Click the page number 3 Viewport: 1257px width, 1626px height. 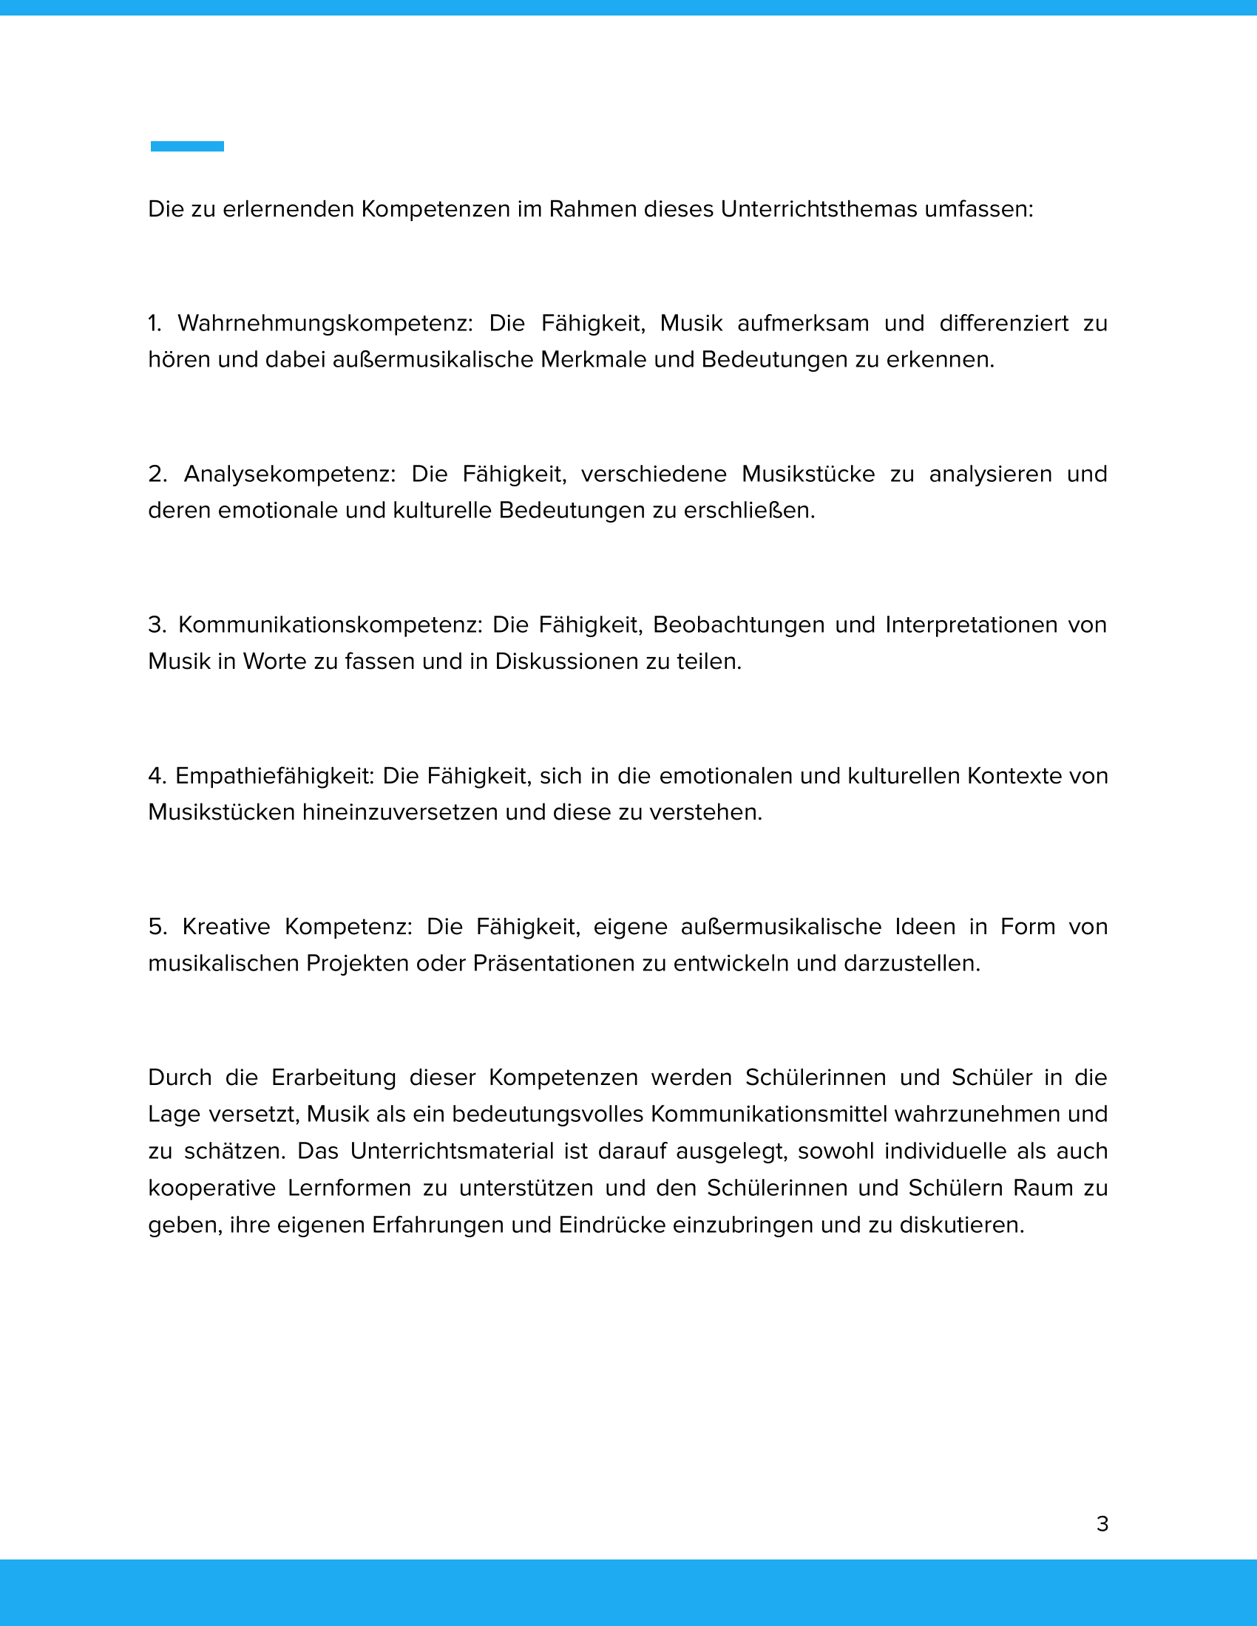[1102, 1524]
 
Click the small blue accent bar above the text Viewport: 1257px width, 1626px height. [187, 146]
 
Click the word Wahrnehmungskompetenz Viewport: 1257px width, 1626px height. [325, 323]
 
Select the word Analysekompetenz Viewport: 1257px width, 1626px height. [290, 474]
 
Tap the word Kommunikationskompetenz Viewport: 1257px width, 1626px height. [331, 625]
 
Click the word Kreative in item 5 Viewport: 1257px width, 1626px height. [226, 927]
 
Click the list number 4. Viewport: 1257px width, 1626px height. [155, 776]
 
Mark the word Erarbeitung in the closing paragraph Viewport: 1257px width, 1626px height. [333, 1078]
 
